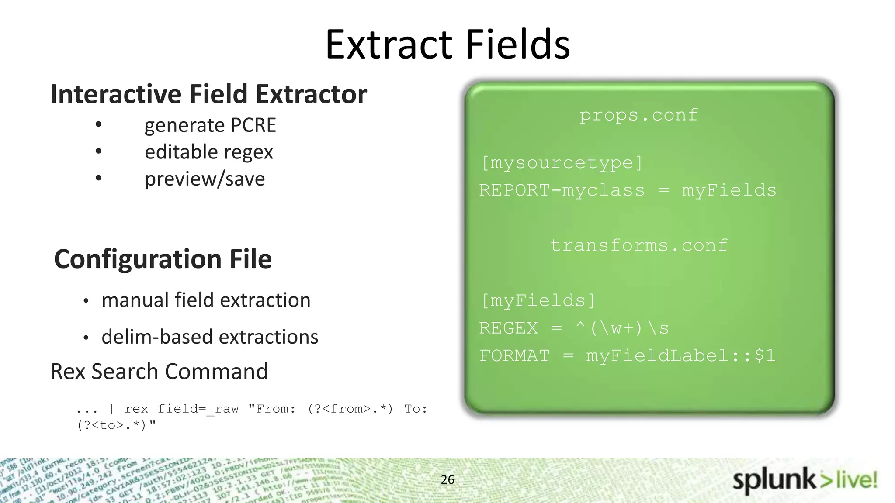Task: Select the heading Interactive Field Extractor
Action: click(x=208, y=94)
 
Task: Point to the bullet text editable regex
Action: click(x=208, y=152)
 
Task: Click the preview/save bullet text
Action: click(x=205, y=179)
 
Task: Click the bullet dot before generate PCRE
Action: click(x=99, y=124)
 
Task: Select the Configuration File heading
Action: click(x=163, y=259)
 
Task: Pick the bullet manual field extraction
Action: click(x=206, y=300)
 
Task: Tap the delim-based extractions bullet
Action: click(x=210, y=337)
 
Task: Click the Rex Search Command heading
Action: click(x=159, y=372)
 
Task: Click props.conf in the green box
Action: click(x=638, y=115)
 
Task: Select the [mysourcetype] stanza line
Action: click(x=562, y=163)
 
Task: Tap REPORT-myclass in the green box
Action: click(x=562, y=190)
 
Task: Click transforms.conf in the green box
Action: click(x=638, y=245)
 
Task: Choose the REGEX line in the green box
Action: click(x=573, y=328)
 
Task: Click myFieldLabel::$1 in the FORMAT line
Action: click(x=680, y=355)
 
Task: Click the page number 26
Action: click(x=447, y=479)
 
